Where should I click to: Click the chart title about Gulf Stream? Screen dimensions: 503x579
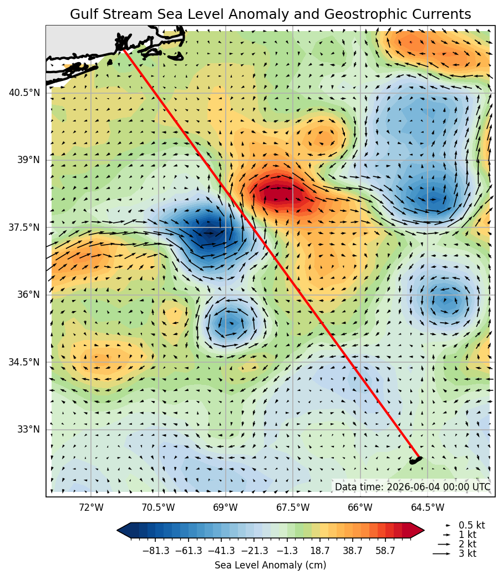click(270, 14)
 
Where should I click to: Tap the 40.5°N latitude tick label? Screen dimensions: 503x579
click(24, 92)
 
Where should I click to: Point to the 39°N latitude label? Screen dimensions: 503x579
click(28, 160)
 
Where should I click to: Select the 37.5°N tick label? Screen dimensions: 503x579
click(24, 227)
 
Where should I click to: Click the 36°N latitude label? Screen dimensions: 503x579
click(28, 294)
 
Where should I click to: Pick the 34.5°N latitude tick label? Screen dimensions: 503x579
click(24, 362)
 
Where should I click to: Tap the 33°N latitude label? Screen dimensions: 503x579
click(28, 429)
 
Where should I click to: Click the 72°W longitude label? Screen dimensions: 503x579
click(91, 507)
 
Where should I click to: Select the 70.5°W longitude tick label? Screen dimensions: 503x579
click(159, 507)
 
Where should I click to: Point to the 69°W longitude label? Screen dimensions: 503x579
click(226, 507)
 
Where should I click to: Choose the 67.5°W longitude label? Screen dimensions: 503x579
click(293, 507)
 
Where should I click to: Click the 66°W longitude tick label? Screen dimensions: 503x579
click(360, 507)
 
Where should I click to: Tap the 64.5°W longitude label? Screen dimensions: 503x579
click(428, 507)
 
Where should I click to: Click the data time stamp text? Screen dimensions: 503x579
click(413, 487)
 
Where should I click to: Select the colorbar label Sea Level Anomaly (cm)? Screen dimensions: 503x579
click(270, 565)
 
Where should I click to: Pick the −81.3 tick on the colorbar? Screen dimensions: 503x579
click(156, 551)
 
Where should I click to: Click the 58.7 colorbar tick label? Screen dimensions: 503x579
click(385, 551)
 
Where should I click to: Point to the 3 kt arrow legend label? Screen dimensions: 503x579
click(468, 553)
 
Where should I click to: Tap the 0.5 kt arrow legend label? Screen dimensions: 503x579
click(472, 525)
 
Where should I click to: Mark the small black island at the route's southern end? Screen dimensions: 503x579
click(415, 460)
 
